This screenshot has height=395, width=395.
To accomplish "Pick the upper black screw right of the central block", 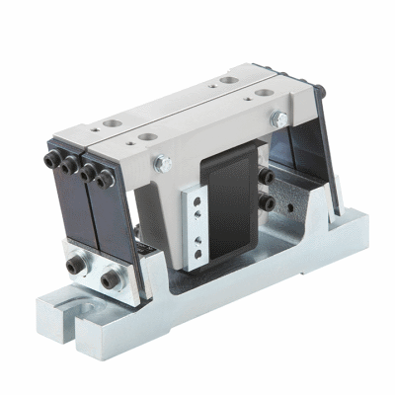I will pos(267,178).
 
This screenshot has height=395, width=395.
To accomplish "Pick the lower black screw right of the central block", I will pos(267,202).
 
